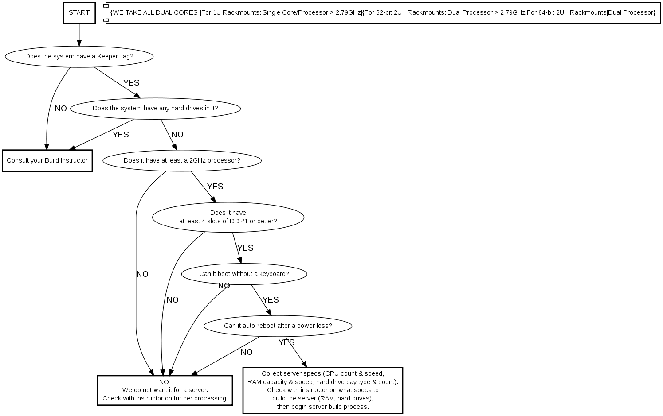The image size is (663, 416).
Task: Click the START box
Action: (79, 12)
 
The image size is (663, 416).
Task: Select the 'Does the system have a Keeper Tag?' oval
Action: (79, 56)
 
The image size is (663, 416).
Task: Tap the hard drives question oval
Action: (155, 108)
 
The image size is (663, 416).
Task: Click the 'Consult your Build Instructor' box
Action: (47, 160)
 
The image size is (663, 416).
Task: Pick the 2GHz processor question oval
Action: (182, 160)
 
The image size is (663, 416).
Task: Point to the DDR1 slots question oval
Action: (228, 217)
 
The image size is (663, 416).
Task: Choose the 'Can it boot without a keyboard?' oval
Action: (244, 274)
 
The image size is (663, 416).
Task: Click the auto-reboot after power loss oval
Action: (278, 326)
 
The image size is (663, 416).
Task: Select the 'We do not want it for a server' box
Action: (165, 390)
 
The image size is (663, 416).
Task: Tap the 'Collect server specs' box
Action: (322, 390)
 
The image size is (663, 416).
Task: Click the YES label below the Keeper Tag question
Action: (131, 83)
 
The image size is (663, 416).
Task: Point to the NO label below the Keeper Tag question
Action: (61, 109)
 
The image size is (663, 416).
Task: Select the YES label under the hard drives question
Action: (121, 135)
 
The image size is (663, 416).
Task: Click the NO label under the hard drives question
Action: (177, 135)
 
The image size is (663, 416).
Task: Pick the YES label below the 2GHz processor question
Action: (215, 187)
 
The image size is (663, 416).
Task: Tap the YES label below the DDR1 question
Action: (245, 248)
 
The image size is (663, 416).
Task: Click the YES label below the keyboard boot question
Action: (271, 300)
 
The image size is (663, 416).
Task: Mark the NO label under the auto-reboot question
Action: (247, 352)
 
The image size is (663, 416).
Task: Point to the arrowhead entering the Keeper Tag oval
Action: (79, 43)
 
